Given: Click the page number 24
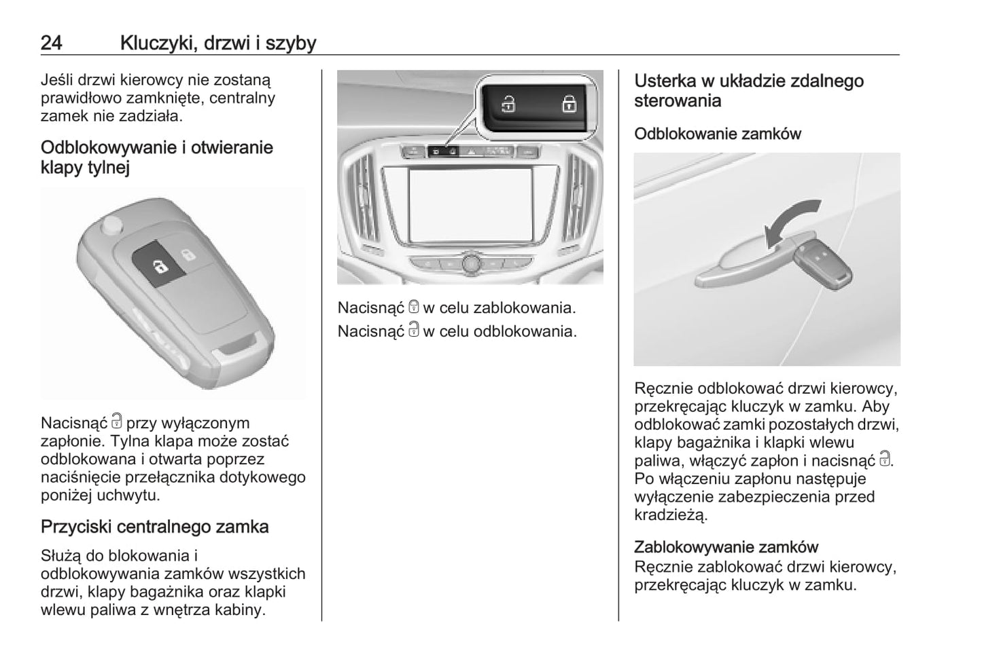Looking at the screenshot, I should coord(52,43).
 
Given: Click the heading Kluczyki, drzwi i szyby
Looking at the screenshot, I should coord(217,43).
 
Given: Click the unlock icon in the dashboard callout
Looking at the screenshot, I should coord(508,104).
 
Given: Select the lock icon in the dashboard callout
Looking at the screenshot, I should coord(568,104).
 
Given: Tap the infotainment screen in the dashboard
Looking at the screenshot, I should coord(470,205).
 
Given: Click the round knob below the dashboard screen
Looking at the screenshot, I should coord(470,263).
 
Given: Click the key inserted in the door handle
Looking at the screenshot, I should coord(824,262).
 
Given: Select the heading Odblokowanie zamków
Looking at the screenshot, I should coord(717,134).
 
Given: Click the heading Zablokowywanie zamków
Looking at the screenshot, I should coord(726,546).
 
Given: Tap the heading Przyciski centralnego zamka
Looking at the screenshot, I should coord(154,527).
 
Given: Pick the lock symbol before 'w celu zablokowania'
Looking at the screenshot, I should coord(414,307).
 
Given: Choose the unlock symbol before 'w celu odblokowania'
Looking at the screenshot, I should coord(414,331).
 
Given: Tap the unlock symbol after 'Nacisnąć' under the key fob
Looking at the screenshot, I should coord(117,422).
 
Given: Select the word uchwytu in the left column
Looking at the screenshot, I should coord(128,495).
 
